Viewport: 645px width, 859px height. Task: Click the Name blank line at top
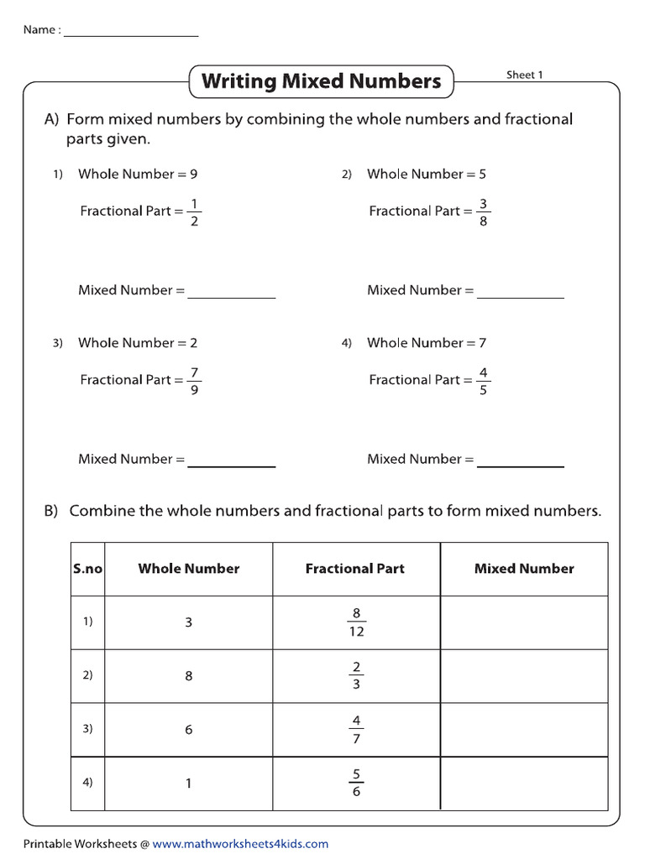click(x=131, y=34)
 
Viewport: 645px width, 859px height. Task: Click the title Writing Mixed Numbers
click(x=321, y=81)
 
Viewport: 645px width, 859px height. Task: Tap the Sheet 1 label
click(x=524, y=75)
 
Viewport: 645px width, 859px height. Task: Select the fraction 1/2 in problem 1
click(x=195, y=211)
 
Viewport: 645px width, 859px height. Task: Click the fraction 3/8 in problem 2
click(x=483, y=211)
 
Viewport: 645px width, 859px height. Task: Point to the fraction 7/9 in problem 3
click(x=195, y=380)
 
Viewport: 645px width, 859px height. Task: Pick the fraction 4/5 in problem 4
click(x=483, y=380)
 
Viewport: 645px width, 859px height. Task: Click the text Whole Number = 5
click(x=427, y=174)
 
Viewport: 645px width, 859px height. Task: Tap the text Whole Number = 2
click(x=138, y=343)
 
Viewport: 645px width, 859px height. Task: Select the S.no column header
click(x=87, y=569)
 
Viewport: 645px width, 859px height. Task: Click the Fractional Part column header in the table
click(x=355, y=569)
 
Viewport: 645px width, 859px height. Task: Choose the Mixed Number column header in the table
click(x=524, y=569)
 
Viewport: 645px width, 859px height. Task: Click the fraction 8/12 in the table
click(x=356, y=622)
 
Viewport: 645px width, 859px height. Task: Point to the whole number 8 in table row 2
click(x=189, y=676)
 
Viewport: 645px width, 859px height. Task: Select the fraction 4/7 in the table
click(x=356, y=730)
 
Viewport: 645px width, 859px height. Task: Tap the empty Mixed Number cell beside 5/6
click(x=524, y=784)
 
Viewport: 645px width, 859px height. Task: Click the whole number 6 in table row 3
click(x=189, y=730)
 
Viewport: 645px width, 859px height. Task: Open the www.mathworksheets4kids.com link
click(x=240, y=844)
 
